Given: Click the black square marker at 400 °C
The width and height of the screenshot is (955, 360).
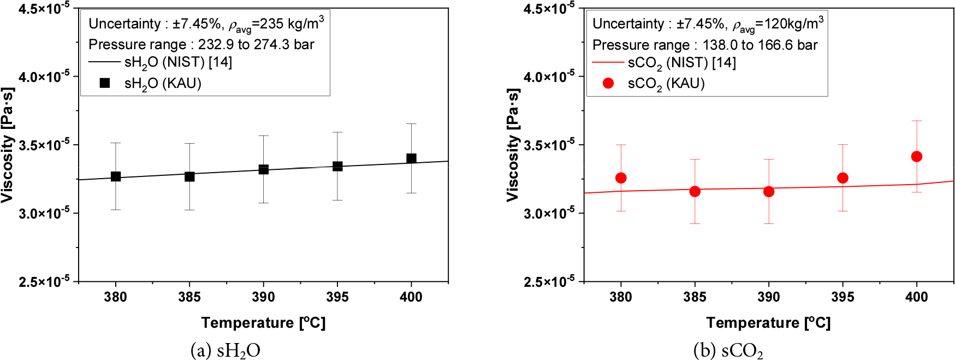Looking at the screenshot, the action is pyautogui.click(x=411, y=158).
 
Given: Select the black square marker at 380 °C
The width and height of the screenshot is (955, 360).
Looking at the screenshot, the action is pyautogui.click(x=116, y=176).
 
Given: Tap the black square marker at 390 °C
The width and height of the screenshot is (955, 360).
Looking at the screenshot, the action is pyautogui.click(x=264, y=169).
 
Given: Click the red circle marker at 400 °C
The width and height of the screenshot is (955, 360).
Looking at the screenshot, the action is pyautogui.click(x=917, y=157).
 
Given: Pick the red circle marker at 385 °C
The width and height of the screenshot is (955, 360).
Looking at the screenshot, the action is pyautogui.click(x=695, y=191).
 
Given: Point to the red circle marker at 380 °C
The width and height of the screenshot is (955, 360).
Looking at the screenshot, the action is pyautogui.click(x=621, y=178).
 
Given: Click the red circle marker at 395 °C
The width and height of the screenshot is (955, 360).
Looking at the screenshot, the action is pyautogui.click(x=843, y=178).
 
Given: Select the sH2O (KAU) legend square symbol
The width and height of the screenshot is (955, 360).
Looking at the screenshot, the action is pyautogui.click(x=105, y=83).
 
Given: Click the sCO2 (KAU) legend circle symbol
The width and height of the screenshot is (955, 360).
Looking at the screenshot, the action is pyautogui.click(x=608, y=83).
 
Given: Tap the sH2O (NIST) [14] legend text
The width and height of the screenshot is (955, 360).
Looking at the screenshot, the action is pyautogui.click(x=178, y=63).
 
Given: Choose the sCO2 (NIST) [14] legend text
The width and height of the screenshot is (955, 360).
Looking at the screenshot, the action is pyautogui.click(x=682, y=63).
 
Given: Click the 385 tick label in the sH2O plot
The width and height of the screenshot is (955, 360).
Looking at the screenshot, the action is pyautogui.click(x=189, y=297).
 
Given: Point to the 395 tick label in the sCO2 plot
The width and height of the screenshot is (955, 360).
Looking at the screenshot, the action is pyautogui.click(x=843, y=297).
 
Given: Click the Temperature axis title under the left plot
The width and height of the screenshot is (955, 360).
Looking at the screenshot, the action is pyautogui.click(x=263, y=322).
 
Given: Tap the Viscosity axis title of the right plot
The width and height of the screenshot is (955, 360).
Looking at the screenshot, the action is pyautogui.click(x=513, y=145).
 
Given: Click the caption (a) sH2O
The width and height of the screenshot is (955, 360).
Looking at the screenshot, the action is pyautogui.click(x=225, y=350).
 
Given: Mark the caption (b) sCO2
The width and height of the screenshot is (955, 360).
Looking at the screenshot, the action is pyautogui.click(x=728, y=350).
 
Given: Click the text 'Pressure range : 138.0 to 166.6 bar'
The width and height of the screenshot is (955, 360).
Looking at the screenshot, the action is pyautogui.click(x=705, y=45).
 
